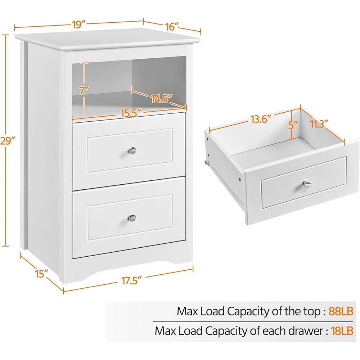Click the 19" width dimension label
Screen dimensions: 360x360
coord(78,25)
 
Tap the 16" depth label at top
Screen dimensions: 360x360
coord(172,27)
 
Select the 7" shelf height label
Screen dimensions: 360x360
coord(84,90)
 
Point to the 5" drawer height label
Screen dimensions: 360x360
coord(293,125)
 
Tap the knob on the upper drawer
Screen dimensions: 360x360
coord(133,150)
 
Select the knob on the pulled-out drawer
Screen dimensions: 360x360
coord(307,184)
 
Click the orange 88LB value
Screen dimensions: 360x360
coord(341,311)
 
